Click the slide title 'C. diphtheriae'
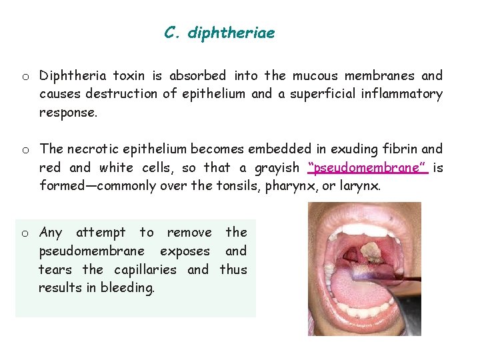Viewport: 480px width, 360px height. [219, 33]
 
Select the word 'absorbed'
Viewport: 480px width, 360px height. [197, 75]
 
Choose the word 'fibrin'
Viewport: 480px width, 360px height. [398, 149]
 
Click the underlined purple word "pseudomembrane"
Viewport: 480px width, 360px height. [368, 167]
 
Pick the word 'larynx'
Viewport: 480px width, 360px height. [360, 186]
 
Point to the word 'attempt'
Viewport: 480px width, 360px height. [101, 233]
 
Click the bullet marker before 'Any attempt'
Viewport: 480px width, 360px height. [24, 233]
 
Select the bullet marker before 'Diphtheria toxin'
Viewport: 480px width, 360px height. [24, 77]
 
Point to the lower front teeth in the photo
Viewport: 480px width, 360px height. [365, 325]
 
